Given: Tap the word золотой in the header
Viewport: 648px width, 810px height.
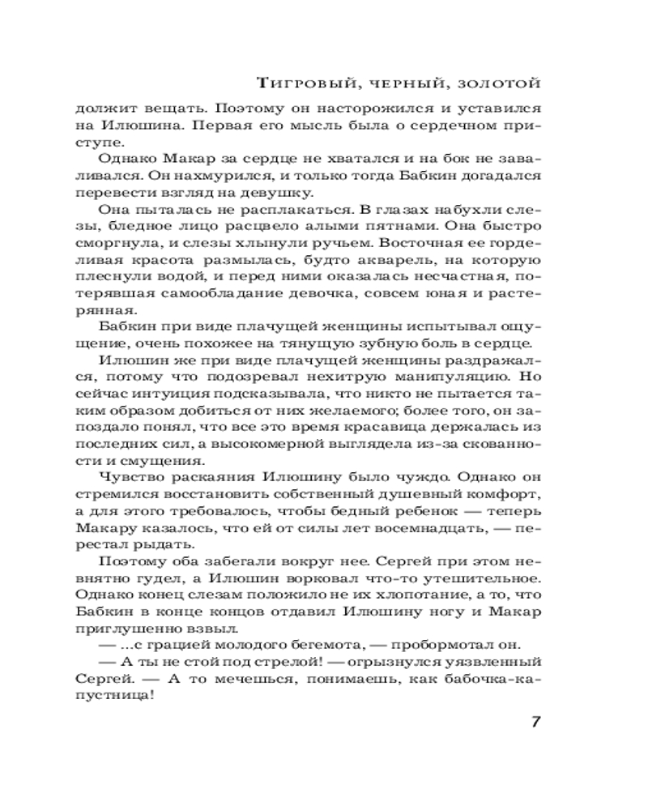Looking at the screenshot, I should [502, 83].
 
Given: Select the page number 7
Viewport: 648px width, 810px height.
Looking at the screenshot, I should [535, 723].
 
